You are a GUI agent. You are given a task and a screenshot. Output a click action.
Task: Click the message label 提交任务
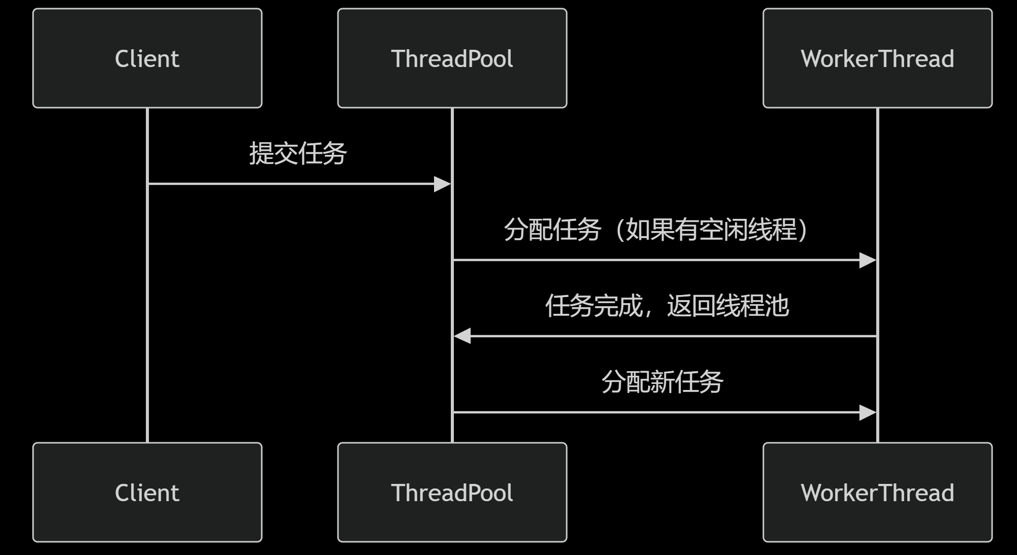point(298,153)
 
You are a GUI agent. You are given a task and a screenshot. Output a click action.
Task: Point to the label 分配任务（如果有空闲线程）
point(656,230)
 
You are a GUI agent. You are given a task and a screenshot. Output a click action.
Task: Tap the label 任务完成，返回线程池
point(666,306)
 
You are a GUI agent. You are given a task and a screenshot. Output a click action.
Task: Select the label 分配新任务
point(662,382)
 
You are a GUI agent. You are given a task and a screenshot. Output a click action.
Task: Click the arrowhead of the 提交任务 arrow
point(443,184)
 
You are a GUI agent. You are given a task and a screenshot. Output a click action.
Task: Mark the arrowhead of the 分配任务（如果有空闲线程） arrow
point(868,260)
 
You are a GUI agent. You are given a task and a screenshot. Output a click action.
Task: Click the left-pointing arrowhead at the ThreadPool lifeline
point(462,336)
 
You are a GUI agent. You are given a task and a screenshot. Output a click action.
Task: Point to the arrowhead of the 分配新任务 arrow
point(868,413)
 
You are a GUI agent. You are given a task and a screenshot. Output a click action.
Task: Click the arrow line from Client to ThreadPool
point(290,184)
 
